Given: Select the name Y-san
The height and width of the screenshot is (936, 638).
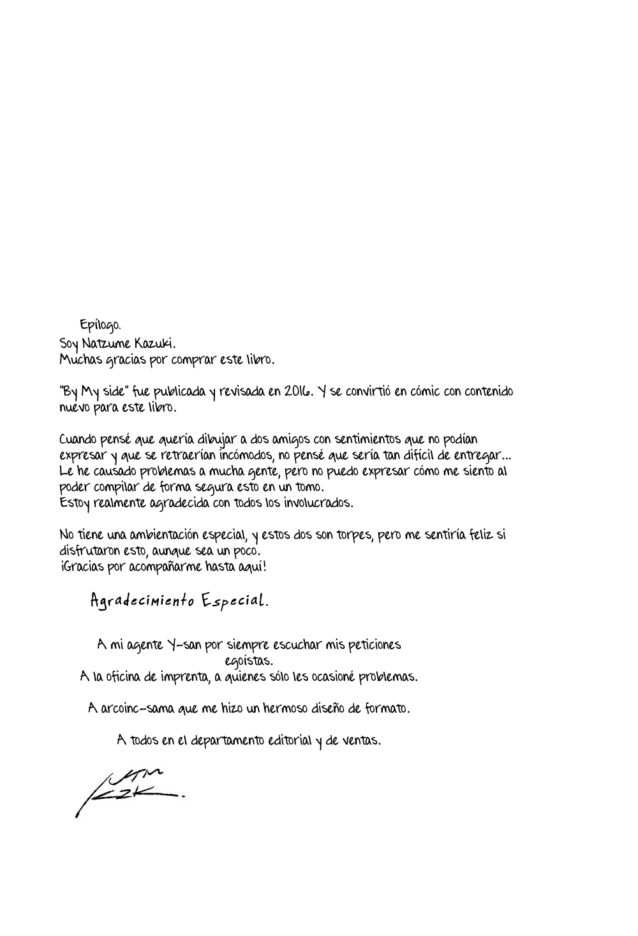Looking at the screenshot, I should coord(175,644).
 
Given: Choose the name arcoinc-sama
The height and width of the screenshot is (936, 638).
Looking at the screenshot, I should coord(135,708).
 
